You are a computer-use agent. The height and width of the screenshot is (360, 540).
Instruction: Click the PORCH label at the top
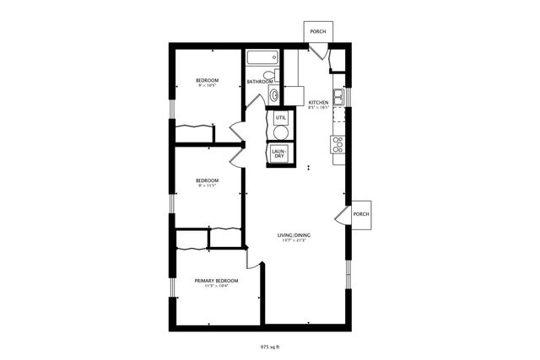317,31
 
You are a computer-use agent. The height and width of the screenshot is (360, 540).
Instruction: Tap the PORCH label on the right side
361,213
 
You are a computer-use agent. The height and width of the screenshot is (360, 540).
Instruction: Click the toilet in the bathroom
275,76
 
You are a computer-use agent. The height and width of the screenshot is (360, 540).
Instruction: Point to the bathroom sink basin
274,94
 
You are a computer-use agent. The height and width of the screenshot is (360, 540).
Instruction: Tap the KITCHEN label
317,102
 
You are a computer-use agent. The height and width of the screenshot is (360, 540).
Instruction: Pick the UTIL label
280,116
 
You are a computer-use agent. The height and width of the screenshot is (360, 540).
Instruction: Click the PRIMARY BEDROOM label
216,281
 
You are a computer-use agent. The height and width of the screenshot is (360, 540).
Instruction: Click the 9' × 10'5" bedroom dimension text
208,85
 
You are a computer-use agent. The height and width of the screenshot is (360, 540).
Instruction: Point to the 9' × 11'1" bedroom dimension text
207,185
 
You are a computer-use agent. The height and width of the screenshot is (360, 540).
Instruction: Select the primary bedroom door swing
251,257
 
